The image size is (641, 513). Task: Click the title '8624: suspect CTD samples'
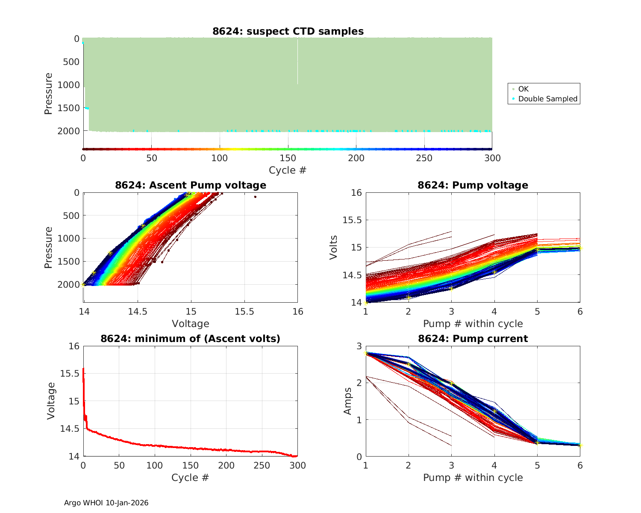[x=288, y=31]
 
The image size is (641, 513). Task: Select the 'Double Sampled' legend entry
[x=547, y=99]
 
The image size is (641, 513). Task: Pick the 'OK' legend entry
[x=523, y=89]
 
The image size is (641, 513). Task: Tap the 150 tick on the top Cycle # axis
[x=288, y=158]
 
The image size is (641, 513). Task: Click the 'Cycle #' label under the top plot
[x=288, y=170]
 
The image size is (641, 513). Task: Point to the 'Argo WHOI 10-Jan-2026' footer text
[x=106, y=503]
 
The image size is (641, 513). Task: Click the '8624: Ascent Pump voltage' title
[x=191, y=185]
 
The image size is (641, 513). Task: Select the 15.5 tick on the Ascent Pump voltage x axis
[x=244, y=311]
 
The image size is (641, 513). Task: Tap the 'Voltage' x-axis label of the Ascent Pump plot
[x=191, y=323]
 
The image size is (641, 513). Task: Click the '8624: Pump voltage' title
[x=473, y=185]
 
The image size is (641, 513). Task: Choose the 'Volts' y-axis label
[x=334, y=248]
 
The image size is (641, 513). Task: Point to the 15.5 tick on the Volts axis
[x=352, y=220]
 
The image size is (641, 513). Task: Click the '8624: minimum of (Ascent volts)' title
[x=191, y=339]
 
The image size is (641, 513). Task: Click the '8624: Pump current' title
[x=473, y=339]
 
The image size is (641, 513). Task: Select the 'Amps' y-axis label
[x=348, y=401]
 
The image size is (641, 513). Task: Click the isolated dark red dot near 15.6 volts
[x=255, y=197]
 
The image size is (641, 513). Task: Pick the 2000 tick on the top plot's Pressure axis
[x=68, y=131]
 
